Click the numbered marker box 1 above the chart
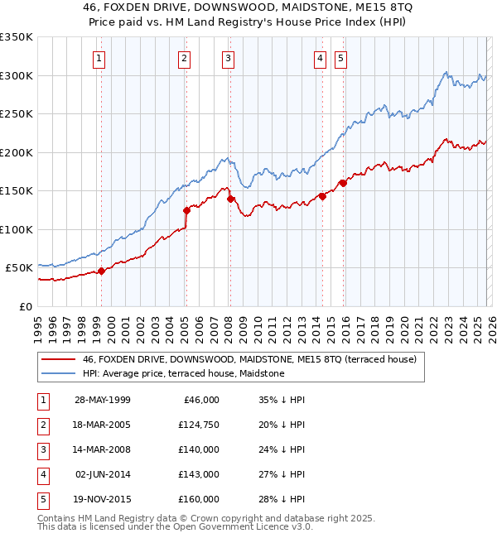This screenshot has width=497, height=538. tap(99, 58)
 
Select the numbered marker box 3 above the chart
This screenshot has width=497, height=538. tap(227, 58)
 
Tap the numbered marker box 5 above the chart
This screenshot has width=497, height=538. tap(341, 58)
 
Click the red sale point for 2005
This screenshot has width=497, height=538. tap(186, 210)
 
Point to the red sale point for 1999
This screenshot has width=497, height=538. tap(101, 271)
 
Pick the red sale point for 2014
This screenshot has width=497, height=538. tap(321, 196)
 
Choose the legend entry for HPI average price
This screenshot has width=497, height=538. tap(183, 373)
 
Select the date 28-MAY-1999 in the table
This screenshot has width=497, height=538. tap(102, 400)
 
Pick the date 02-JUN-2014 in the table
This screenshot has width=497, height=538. tap(103, 474)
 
